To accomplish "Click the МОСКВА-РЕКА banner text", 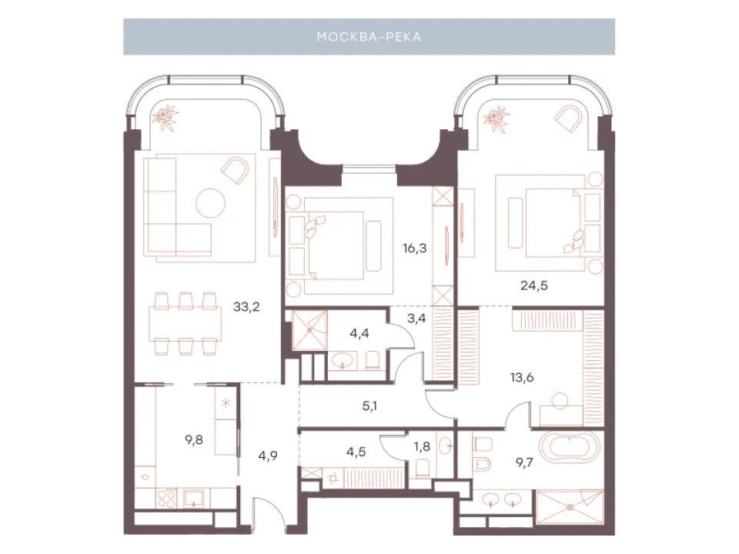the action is [369, 37].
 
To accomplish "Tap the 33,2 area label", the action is [246, 307].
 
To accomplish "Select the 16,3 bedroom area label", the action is [415, 249].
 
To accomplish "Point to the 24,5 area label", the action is [534, 285].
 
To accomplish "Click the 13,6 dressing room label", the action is [522, 377].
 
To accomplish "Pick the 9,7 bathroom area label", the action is [524, 462].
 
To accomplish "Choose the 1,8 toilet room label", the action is [422, 446].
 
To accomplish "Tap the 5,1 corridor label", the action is [369, 405].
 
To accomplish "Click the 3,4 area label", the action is [416, 319].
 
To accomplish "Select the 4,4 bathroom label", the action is [359, 333].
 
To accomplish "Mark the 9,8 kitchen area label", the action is [194, 440].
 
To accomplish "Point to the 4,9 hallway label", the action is [268, 456].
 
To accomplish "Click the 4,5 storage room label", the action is [356, 452].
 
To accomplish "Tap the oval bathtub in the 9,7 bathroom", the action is [569, 448].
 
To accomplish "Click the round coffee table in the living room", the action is [210, 202].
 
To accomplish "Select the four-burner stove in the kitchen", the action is [166, 498].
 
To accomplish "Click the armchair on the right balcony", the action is [568, 118].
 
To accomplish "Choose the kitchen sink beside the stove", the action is [193, 498].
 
